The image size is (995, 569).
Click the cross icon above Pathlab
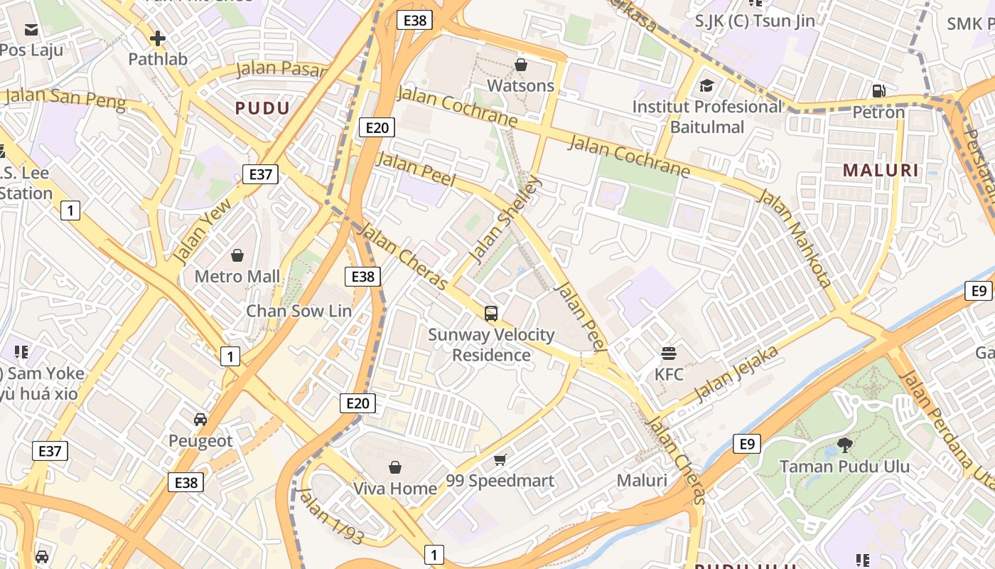pyautogui.click(x=158, y=38)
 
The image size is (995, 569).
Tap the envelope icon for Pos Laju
pyautogui.click(x=31, y=29)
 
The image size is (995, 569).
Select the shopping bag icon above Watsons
pyautogui.click(x=521, y=65)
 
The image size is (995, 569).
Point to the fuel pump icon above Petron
pyautogui.click(x=879, y=91)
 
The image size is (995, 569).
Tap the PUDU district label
pyautogui.click(x=262, y=108)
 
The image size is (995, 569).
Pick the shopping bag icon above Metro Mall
pyautogui.click(x=237, y=255)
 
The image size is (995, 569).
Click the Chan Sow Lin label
pyautogui.click(x=298, y=311)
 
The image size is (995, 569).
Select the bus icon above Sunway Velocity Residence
pyautogui.click(x=490, y=313)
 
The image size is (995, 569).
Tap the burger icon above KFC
pyautogui.click(x=668, y=353)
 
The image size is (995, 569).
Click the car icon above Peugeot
pyautogui.click(x=200, y=420)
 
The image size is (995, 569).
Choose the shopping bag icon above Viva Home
pyautogui.click(x=395, y=467)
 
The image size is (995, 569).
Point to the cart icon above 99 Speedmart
pyautogui.click(x=500, y=459)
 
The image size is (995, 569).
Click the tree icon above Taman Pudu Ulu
pyautogui.click(x=844, y=445)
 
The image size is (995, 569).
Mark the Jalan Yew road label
pyautogui.click(x=202, y=232)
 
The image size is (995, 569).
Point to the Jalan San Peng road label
pyautogui.click(x=65, y=99)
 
